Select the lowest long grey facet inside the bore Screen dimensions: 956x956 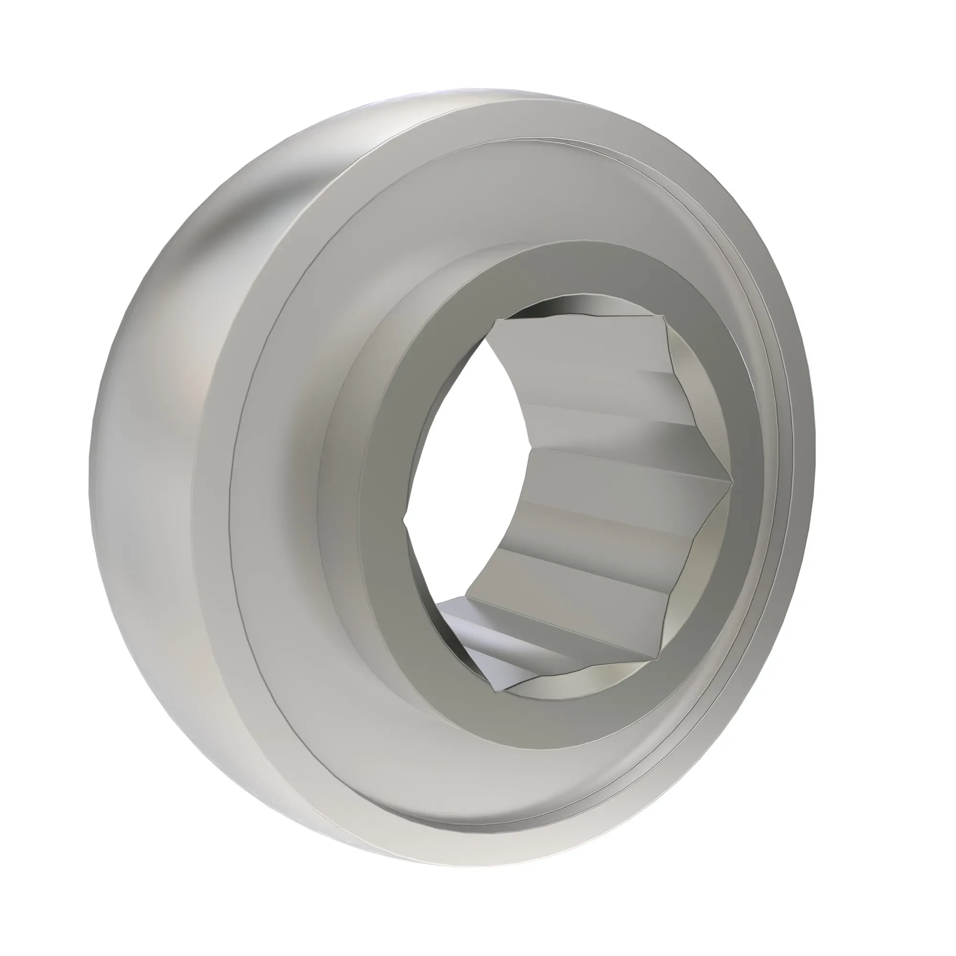[x=569, y=619]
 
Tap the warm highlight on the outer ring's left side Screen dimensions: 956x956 [x=193, y=386]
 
